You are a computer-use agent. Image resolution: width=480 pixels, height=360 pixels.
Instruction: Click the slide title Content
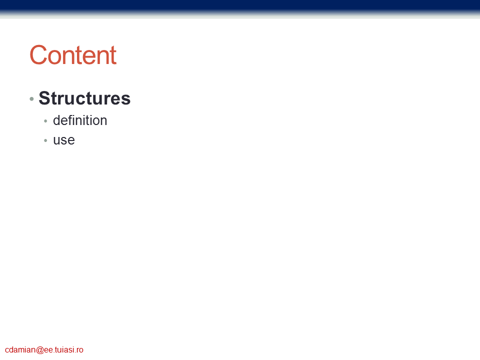click(73, 55)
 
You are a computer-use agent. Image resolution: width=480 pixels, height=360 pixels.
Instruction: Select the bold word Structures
click(84, 98)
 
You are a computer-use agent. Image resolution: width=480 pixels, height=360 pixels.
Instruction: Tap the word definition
click(80, 120)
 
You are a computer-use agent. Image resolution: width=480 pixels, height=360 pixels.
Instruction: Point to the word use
click(64, 140)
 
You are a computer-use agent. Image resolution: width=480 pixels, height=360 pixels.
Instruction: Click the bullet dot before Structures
click(31, 99)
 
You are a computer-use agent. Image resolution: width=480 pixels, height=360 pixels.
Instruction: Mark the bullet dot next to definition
click(45, 121)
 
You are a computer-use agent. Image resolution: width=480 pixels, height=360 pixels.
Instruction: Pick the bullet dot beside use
click(45, 141)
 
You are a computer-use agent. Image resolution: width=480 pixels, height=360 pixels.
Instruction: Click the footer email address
click(44, 349)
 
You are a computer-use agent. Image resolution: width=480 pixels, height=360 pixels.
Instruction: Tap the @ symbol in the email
click(40, 350)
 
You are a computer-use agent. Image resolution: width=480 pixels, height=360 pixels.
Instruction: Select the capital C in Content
click(38, 55)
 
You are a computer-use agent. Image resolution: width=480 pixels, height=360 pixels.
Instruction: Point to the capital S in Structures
click(44, 98)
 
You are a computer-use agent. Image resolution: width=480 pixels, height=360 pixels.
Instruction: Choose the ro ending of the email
click(79, 350)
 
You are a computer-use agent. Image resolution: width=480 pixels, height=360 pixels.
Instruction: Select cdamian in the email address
click(20, 349)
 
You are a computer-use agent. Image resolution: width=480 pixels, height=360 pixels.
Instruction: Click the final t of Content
click(113, 56)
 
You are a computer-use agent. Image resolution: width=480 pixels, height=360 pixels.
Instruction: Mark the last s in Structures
click(126, 100)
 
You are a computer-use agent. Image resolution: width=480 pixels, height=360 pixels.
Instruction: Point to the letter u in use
click(56, 140)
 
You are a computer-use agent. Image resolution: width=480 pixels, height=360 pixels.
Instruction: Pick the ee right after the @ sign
click(48, 350)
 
